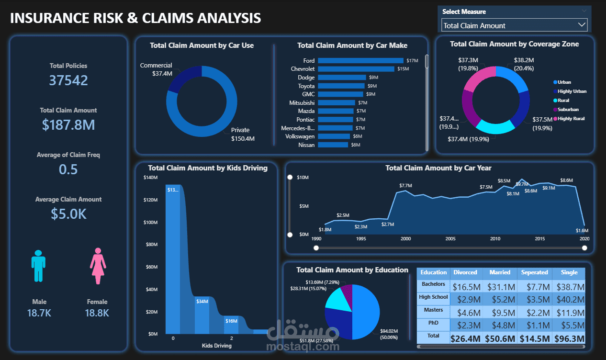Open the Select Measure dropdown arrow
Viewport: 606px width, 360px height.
click(x=582, y=25)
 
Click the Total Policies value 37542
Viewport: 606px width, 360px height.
click(x=68, y=80)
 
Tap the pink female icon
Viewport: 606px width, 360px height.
click(x=98, y=266)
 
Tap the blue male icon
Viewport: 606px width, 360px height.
click(x=38, y=266)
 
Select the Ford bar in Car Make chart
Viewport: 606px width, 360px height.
click(x=360, y=61)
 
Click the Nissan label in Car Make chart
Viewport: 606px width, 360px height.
click(x=306, y=145)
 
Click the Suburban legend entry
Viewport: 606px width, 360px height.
click(x=568, y=109)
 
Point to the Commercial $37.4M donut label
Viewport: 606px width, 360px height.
click(x=156, y=69)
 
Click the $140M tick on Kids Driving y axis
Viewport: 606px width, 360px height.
click(x=150, y=178)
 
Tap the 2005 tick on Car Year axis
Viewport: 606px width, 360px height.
click(x=450, y=239)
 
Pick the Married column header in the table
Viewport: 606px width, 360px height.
click(x=499, y=272)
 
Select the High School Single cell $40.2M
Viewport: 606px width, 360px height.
click(x=569, y=300)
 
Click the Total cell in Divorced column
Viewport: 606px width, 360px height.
click(x=465, y=338)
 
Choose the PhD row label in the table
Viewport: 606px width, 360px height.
click(x=433, y=323)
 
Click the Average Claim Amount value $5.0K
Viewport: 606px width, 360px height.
click(x=68, y=214)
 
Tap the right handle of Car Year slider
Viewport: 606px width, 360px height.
click(x=584, y=247)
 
